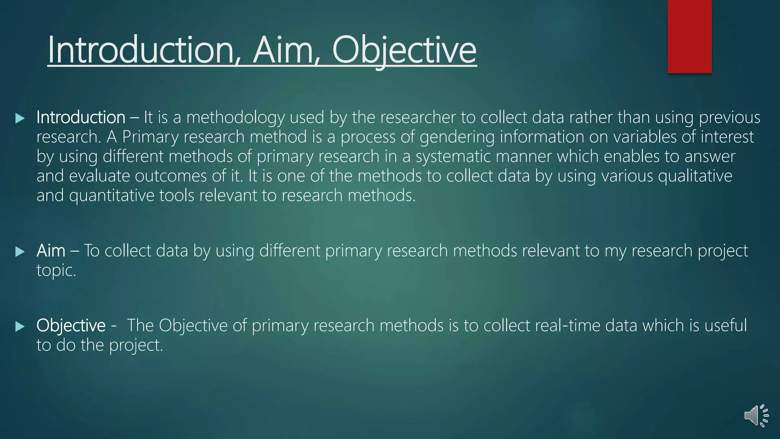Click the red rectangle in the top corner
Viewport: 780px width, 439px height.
pos(689,36)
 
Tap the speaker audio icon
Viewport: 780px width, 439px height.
pos(756,415)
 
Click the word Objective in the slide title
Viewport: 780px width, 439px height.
pos(404,50)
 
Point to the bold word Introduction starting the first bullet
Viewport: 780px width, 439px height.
pos(81,117)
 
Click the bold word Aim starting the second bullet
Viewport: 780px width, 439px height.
pos(51,251)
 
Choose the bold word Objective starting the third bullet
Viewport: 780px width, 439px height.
pos(71,325)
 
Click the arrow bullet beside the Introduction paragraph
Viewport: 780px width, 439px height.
pos(20,118)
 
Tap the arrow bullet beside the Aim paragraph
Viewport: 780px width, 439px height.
pos(20,252)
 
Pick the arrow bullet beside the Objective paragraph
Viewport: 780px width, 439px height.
pos(20,326)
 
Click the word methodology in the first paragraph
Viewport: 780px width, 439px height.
pos(235,117)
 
